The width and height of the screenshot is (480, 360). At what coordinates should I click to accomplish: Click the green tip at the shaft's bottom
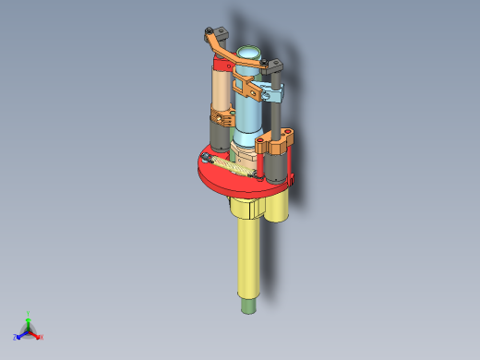tap(247, 304)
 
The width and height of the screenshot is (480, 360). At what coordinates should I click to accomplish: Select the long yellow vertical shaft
tap(247, 258)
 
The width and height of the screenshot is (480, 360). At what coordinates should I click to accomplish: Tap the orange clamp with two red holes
tap(276, 145)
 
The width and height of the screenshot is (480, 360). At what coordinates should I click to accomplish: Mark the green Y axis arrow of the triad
tap(29, 317)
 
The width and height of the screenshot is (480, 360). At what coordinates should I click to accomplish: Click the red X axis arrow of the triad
tap(40, 337)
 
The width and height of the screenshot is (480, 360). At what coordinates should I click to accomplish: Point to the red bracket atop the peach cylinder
tap(224, 66)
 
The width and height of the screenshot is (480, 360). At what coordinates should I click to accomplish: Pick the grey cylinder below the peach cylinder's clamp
tap(222, 138)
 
